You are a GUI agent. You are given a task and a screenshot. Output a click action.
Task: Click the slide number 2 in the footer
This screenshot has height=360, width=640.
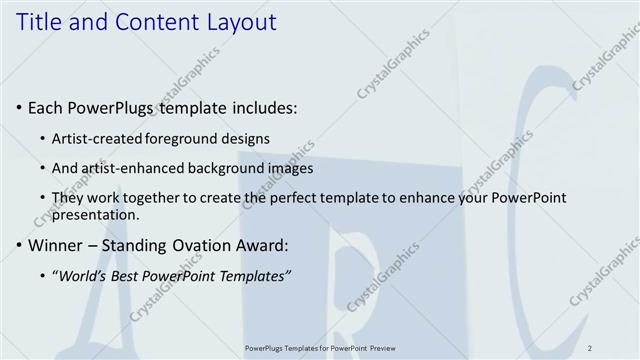pyautogui.click(x=590, y=347)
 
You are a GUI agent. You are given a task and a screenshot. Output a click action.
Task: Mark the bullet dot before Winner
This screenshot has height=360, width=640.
pyautogui.click(x=20, y=245)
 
